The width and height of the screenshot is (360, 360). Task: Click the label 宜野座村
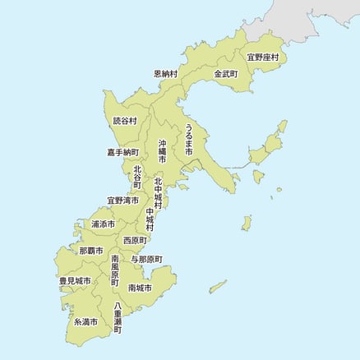point(263,58)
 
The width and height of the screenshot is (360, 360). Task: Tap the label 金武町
point(225,73)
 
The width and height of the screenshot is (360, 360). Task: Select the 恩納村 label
point(167,73)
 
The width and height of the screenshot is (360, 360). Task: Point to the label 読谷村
point(125,121)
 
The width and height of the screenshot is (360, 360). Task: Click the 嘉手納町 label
point(122,152)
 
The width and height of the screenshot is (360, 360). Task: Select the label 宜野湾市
point(122,201)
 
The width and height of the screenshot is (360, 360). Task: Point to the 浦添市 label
point(104,224)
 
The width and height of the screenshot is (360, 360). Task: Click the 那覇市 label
point(91,250)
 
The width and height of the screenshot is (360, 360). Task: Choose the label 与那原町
point(146,259)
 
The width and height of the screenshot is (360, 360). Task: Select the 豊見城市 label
point(75,281)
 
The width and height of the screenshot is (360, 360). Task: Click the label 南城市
point(140,288)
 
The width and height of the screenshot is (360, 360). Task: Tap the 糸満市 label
point(85,321)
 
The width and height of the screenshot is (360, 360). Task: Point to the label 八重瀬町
point(118,319)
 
